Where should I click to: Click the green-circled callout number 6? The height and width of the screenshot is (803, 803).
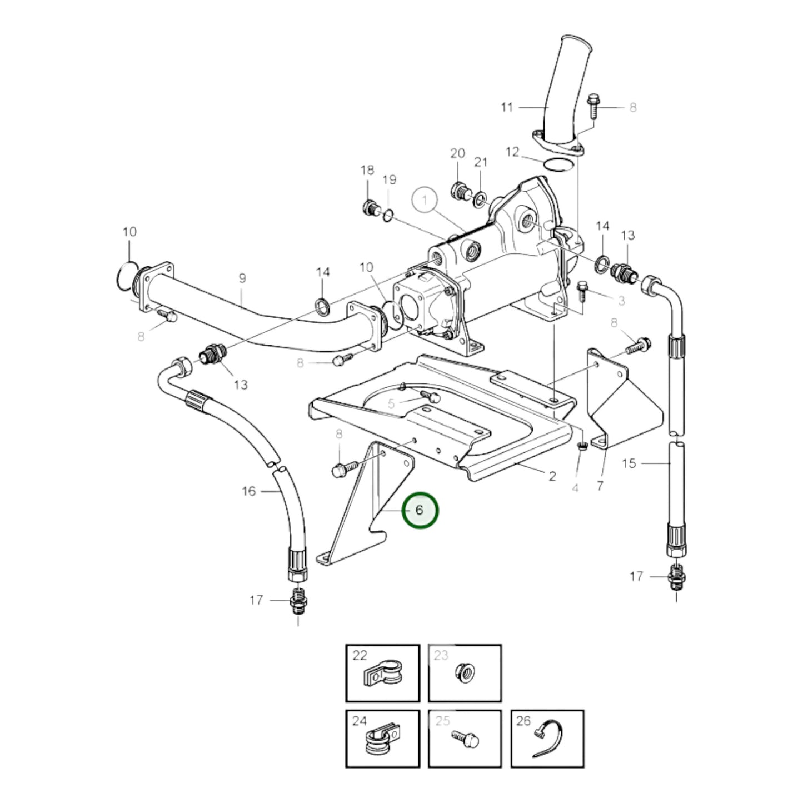coord(420,510)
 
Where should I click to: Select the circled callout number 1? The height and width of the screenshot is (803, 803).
coord(425,200)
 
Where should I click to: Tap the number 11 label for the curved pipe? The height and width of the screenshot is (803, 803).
coord(506,107)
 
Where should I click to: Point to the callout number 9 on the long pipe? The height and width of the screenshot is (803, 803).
coord(242,278)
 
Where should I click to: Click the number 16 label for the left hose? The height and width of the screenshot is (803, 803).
coord(249,491)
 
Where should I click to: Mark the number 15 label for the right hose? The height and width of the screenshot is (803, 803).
coord(629,463)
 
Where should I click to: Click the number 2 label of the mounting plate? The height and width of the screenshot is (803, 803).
coord(552,476)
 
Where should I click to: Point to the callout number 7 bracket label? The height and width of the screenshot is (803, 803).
coord(600,486)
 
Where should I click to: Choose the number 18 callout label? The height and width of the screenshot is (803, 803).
coord(367,170)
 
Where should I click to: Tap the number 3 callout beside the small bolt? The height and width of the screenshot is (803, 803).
coord(621,301)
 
